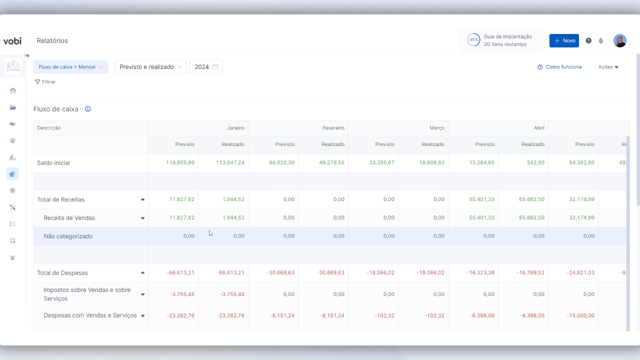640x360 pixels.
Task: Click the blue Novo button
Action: pyautogui.click(x=564, y=40)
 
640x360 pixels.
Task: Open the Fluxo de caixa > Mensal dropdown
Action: pyautogui.click(x=70, y=67)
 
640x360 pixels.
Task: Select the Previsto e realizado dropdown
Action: pyautogui.click(x=150, y=67)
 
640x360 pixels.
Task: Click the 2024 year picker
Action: pyautogui.click(x=206, y=67)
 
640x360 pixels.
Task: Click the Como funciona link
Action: pyautogui.click(x=559, y=67)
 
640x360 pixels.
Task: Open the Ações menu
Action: pyautogui.click(x=608, y=67)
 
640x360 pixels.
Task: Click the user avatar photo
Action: pyautogui.click(x=620, y=40)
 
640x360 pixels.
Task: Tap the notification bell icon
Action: pyautogui.click(x=601, y=41)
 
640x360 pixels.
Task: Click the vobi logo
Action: pyautogui.click(x=12, y=41)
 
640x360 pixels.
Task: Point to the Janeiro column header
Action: pyautogui.click(x=235, y=128)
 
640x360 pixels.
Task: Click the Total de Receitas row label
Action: pyautogui.click(x=61, y=199)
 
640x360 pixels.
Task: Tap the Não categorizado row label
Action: pyautogui.click(x=68, y=236)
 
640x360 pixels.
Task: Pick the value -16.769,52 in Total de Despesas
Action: pyautogui.click(x=531, y=273)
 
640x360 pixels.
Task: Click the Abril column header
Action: pyautogui.click(x=538, y=128)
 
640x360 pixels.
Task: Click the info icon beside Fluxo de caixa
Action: pyautogui.click(x=88, y=109)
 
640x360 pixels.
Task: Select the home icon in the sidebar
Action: pyautogui.click(x=13, y=90)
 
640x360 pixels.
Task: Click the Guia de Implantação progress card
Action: pyautogui.click(x=501, y=40)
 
